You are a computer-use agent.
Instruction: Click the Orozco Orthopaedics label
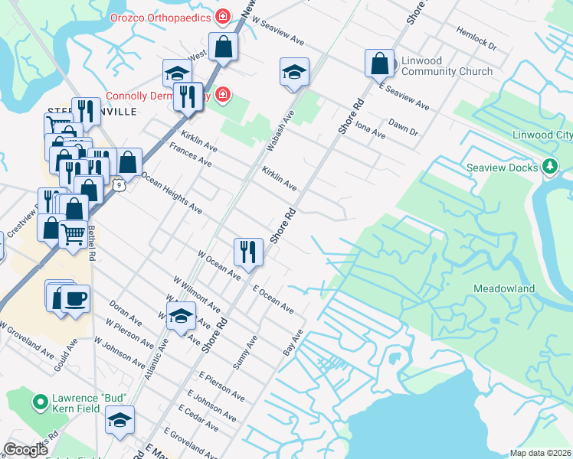(x=160, y=16)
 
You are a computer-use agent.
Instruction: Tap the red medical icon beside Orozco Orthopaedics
(x=223, y=16)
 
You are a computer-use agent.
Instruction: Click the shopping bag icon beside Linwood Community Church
(x=379, y=63)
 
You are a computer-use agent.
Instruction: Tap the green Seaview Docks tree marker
(x=549, y=166)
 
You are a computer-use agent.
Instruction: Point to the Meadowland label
(x=503, y=288)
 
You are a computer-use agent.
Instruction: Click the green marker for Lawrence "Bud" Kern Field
(x=39, y=400)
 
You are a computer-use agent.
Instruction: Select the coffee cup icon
(x=75, y=299)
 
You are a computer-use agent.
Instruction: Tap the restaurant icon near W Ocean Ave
(x=248, y=252)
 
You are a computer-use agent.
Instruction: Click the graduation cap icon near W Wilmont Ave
(x=180, y=316)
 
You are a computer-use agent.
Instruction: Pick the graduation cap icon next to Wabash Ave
(x=294, y=72)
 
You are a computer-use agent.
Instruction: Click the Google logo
(x=25, y=450)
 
